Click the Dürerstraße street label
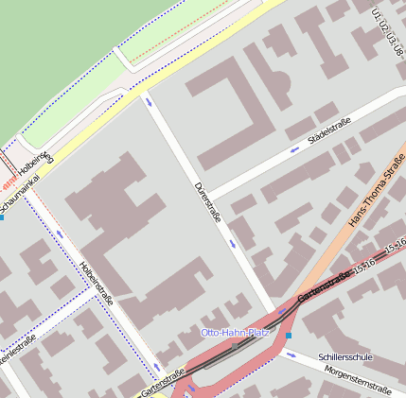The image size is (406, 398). coord(207,201)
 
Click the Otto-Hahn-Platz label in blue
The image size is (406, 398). coord(235,333)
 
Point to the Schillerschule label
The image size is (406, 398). coord(345,357)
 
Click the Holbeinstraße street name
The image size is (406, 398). coord(97,282)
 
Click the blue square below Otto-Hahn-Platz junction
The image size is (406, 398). coord(289,336)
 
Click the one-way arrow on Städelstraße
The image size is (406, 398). coord(294,149)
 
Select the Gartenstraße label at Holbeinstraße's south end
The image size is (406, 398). coord(162,380)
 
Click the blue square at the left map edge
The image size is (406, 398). coord(2,217)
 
